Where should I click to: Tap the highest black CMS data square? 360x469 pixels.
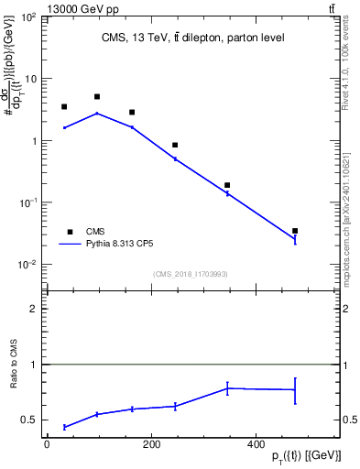tap(97, 96)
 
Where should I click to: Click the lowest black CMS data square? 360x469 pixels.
tap(295, 231)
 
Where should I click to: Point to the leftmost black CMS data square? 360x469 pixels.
tap(64, 107)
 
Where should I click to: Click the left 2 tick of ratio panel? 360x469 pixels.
tap(33, 310)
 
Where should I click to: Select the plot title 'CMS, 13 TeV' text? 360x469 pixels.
tap(192, 38)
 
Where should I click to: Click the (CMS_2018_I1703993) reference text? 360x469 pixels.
tap(191, 273)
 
